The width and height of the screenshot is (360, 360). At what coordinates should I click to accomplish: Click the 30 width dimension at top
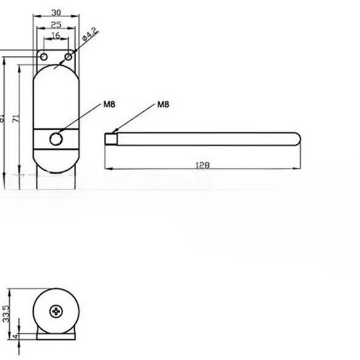pos(56,12)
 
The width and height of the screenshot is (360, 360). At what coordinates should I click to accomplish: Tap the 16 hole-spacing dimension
pos(56,36)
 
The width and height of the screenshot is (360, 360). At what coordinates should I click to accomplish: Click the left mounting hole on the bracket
pos(44,57)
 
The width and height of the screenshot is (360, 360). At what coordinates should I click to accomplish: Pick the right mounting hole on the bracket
pos(68,57)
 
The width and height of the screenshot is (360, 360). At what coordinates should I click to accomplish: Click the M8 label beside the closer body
pos(109,104)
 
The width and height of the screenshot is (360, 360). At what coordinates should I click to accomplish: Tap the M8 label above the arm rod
pos(163,104)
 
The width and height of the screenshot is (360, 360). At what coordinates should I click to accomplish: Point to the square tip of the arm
pos(111,138)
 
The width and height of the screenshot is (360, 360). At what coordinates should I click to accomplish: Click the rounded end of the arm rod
pos(297,138)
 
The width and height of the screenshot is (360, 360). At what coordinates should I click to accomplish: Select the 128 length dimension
pos(203,165)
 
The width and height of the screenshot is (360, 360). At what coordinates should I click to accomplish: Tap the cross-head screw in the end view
pos(58,311)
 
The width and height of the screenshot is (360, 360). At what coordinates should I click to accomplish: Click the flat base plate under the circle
pos(57,335)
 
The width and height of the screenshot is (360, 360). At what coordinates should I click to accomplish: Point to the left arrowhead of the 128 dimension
pos(108,168)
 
